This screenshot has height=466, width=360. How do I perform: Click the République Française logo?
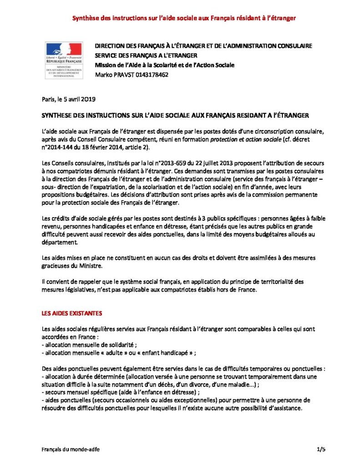63,60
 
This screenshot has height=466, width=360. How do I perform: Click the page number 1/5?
321,450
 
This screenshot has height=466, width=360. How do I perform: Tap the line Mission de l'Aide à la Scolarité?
164,65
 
